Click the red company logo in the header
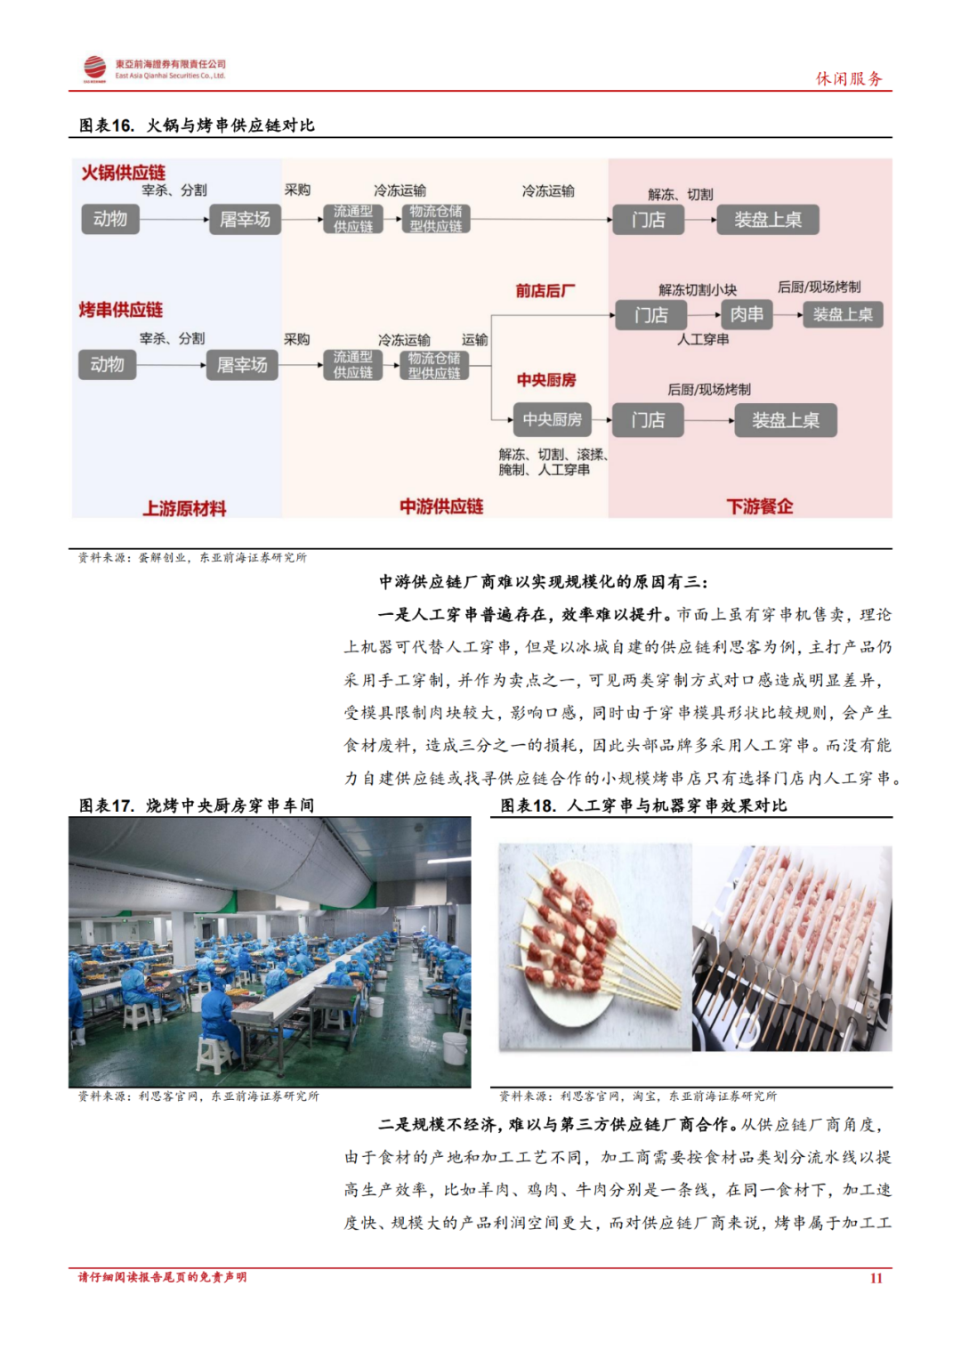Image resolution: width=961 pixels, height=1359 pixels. point(94,68)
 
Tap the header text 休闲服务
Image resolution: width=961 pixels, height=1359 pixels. point(849,78)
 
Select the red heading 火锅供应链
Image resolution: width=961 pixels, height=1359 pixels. point(124,173)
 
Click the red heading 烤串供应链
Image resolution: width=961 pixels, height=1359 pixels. point(121,310)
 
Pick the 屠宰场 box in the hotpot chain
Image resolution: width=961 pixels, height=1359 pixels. point(245,219)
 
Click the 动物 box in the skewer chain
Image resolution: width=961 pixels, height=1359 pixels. point(108,365)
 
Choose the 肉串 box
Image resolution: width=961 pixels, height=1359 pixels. point(747,314)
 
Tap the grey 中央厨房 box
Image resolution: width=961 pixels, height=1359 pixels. point(552,420)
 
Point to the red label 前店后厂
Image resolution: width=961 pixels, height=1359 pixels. point(545,291)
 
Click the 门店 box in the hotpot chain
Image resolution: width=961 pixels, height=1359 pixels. point(648,220)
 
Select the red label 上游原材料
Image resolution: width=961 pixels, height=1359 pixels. point(185,508)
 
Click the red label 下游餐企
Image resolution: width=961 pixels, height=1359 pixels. point(759,506)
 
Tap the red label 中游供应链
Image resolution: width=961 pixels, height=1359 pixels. point(441,506)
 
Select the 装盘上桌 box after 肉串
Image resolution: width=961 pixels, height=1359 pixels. point(842,314)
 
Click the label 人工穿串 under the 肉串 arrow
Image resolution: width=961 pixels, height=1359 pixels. point(703,339)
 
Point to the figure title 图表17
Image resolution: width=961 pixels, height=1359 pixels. point(107,805)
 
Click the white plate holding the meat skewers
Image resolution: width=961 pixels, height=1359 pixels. point(569,952)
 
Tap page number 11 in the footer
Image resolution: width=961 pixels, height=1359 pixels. point(876,1278)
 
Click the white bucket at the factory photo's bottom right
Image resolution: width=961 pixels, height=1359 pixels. point(455,1049)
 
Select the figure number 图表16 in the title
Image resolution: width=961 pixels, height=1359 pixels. point(107,125)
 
